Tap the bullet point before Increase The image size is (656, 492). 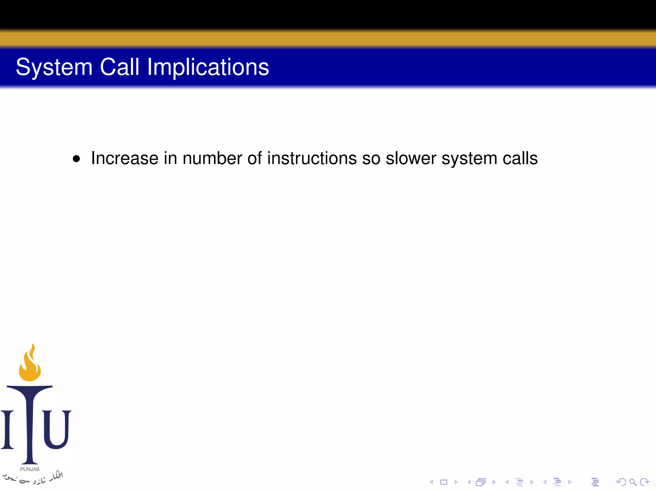(76, 159)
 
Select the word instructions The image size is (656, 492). (312, 158)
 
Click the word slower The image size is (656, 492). (411, 158)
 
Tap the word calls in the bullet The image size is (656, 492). (520, 158)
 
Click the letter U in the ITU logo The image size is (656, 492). (56, 429)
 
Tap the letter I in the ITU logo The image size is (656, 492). (7, 429)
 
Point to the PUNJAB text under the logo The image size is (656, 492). (30, 469)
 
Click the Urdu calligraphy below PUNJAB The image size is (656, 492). (32, 478)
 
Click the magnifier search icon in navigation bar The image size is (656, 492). (633, 482)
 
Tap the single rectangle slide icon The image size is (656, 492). (444, 482)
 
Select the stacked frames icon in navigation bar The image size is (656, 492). (481, 482)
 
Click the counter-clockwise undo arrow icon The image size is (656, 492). (621, 482)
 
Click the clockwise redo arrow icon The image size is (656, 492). (644, 482)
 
